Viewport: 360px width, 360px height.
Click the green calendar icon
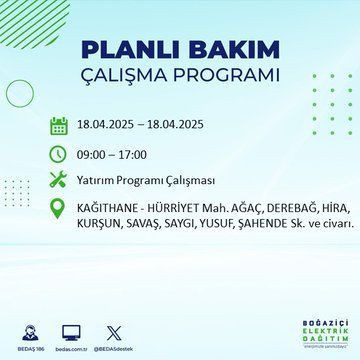(59, 125)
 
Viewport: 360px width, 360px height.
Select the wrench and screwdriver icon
(59, 181)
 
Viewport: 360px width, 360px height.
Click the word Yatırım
(100, 181)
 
